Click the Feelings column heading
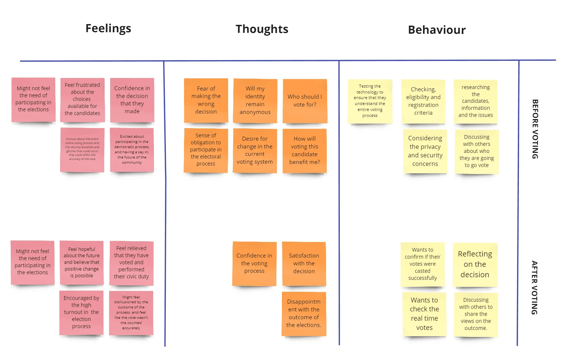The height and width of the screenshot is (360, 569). tap(108, 28)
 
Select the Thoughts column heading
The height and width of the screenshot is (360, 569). tap(262, 29)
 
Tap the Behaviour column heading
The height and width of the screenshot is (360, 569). tap(437, 30)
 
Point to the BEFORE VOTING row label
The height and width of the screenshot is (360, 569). tap(535, 129)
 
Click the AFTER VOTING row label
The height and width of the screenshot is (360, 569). tap(534, 288)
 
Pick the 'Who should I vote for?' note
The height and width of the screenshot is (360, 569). tap(305, 101)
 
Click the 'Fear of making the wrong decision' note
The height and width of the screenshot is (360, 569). tap(206, 100)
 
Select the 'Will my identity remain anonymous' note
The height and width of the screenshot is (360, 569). tap(255, 101)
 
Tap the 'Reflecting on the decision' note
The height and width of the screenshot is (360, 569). tap(475, 264)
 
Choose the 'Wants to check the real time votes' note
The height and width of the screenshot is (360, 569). tap(424, 314)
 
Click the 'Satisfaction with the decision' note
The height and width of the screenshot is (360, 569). tap(304, 264)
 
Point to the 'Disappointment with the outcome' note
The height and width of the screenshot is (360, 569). tap(304, 314)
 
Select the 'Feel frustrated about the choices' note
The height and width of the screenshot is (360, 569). tap(82, 99)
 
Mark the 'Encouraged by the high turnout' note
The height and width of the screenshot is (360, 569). tap(81, 312)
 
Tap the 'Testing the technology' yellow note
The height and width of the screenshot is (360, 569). tap(370, 101)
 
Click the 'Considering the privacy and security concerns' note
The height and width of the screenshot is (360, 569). tap(425, 151)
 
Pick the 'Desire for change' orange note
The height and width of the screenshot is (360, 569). tap(255, 150)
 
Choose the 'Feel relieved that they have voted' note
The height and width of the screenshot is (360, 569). tap(131, 263)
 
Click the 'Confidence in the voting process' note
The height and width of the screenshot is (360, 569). tap(254, 264)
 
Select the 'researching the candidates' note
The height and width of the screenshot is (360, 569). tap(476, 101)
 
